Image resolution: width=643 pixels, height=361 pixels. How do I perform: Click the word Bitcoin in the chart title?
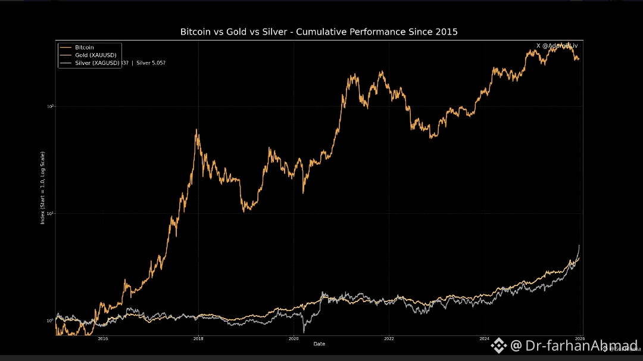coord(196,32)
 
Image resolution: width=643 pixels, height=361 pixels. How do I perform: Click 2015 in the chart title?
coord(446,32)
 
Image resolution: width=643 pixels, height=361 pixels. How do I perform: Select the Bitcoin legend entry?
coord(84,47)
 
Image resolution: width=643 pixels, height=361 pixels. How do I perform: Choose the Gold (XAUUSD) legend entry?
coord(95,55)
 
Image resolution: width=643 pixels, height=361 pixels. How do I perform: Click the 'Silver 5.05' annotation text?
coord(151,63)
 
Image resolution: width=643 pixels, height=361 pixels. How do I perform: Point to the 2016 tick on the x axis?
coord(102,338)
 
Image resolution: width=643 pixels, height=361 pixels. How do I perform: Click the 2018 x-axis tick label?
coord(198,338)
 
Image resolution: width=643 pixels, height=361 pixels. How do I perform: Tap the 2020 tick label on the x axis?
coord(293,338)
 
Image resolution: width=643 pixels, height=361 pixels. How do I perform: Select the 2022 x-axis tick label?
coord(388,338)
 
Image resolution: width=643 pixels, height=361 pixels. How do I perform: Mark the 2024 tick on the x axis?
coord(483,338)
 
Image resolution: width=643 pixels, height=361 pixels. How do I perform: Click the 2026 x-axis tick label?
coord(578,338)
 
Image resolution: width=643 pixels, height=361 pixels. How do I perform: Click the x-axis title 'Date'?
coord(319,344)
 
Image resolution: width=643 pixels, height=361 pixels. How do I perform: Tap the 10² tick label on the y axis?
coord(51,106)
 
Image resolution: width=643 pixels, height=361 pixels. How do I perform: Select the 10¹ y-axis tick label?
coord(51,213)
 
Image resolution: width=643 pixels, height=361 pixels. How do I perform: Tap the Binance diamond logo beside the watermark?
coord(498,346)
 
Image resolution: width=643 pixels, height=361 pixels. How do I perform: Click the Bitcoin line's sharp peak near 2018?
coord(197,129)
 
